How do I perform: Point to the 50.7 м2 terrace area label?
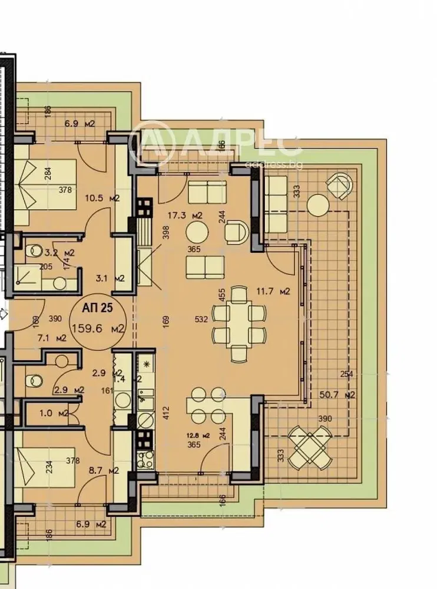pos(341,395)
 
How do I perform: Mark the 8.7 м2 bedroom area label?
pos(103,471)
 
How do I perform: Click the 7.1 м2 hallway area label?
pos(51,338)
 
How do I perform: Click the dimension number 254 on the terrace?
pos(347,374)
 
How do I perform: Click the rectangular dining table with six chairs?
pos(239,322)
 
